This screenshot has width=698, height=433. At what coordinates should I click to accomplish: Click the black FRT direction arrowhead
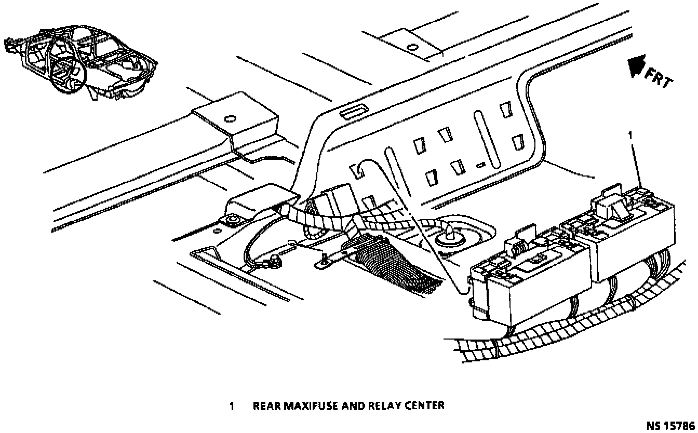pyautogui.click(x=634, y=66)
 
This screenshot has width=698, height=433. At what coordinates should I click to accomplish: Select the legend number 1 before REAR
pyautogui.click(x=232, y=405)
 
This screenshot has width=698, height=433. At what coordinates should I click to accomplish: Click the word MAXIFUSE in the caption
pyautogui.click(x=311, y=405)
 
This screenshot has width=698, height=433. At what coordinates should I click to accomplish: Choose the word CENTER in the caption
pyautogui.click(x=425, y=405)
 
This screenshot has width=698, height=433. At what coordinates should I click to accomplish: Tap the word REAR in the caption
pyautogui.click(x=266, y=405)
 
